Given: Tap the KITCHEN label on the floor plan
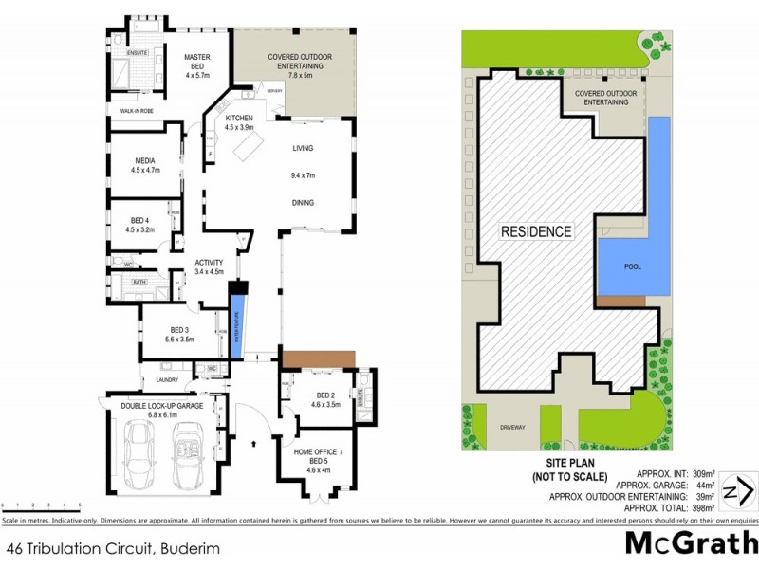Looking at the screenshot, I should click(239, 118).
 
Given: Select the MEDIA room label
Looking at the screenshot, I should click(144, 160).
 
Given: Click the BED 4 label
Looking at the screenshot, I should click(139, 219).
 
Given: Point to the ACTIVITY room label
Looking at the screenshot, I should click(208, 263).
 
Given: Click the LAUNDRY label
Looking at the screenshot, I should click(156, 382).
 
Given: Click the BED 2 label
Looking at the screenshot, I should click(325, 395).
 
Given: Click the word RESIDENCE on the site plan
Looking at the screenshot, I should click(536, 231).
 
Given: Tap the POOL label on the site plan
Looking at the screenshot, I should click(633, 266).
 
